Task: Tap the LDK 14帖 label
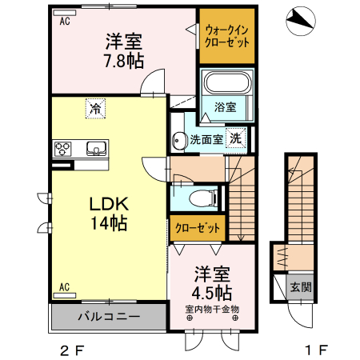click(x=106, y=214)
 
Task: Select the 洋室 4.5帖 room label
click(x=211, y=281)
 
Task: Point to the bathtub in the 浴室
click(x=227, y=82)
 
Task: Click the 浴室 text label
click(x=226, y=106)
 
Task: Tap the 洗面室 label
click(x=206, y=139)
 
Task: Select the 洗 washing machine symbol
click(x=236, y=138)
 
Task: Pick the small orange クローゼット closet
click(x=198, y=228)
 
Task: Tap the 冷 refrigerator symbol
click(x=97, y=106)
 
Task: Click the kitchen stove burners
click(x=64, y=148)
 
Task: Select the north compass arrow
click(x=300, y=18)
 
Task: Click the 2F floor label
click(x=71, y=350)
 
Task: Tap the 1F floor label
click(x=317, y=350)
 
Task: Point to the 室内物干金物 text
click(x=212, y=308)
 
